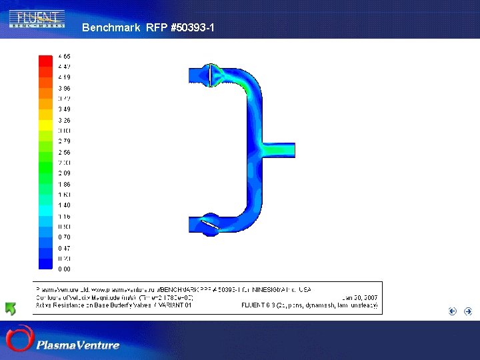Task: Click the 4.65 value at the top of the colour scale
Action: (64, 56)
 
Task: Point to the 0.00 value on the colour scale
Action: (64, 269)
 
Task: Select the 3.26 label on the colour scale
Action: (64, 120)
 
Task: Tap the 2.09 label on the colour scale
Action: (64, 173)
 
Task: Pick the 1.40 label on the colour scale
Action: (64, 205)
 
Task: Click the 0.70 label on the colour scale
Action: (64, 237)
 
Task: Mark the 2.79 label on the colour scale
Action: (64, 141)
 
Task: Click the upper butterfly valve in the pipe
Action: (210, 75)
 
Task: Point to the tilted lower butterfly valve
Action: (211, 226)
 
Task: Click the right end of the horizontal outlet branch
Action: (293, 150)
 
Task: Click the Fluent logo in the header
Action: (37, 18)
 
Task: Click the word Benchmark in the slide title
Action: (111, 28)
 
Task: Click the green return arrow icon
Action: (11, 309)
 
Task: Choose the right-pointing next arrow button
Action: (468, 311)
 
